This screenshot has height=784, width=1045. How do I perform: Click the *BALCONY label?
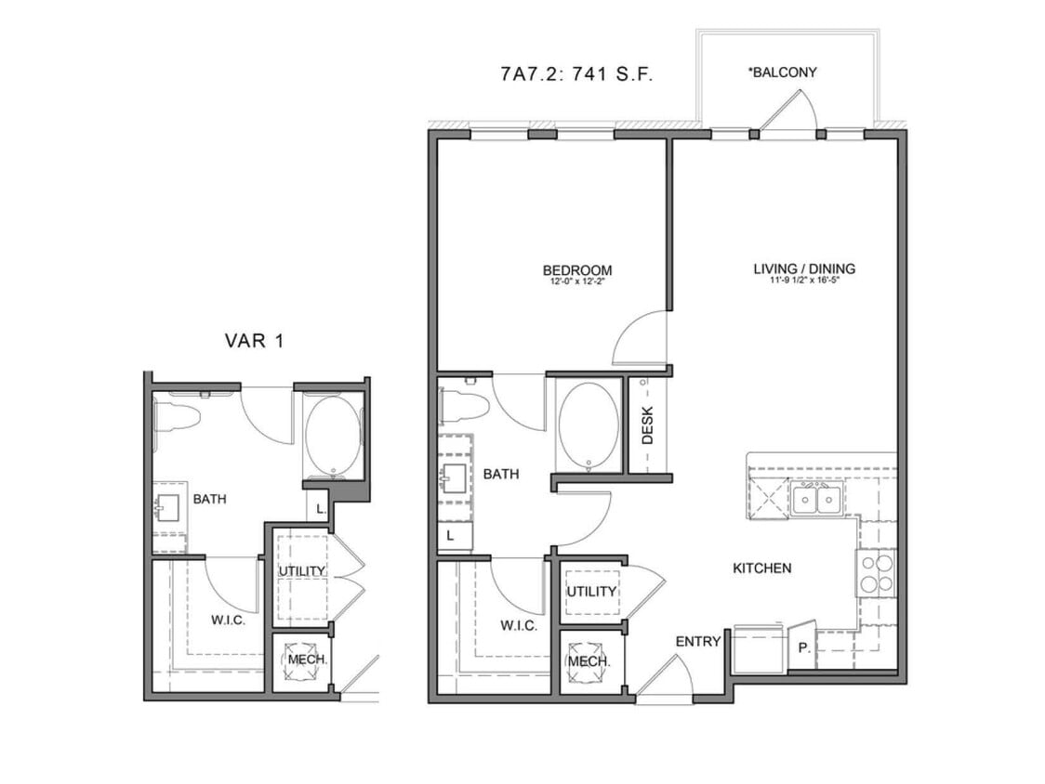pos(782,72)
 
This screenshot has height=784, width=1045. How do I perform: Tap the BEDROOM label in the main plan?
pos(576,270)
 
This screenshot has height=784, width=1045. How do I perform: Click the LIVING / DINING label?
pos(803,269)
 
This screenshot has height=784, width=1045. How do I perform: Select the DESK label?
pos(648,426)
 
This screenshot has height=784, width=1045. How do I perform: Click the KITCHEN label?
pos(761,568)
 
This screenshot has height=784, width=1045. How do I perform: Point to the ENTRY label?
pos(698,641)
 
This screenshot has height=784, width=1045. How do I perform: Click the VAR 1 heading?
pos(254,341)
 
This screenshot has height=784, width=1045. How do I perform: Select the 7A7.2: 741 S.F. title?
pos(576,75)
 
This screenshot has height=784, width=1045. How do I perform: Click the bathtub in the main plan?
pos(588,425)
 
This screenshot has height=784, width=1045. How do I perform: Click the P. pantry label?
pos(804,649)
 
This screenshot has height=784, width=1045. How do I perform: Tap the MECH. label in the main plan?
pos(589,661)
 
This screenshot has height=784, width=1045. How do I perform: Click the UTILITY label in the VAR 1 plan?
pos(301,570)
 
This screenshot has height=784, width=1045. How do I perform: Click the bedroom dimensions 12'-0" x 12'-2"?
pos(576,281)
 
